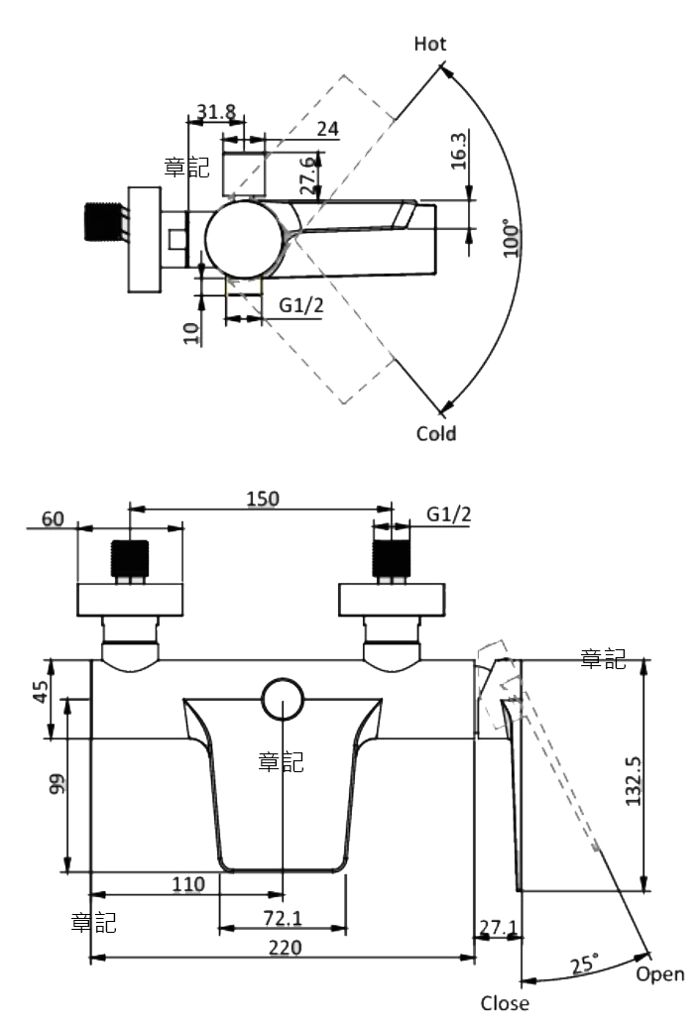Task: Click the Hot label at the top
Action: click(430, 44)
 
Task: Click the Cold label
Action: click(435, 433)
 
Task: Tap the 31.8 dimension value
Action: click(216, 112)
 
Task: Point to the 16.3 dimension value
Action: click(459, 151)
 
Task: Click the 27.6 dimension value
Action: click(308, 175)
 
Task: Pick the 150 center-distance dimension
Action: click(262, 499)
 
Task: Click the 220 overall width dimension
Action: click(285, 948)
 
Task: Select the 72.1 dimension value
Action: click(283, 918)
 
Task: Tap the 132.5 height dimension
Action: click(634, 781)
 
